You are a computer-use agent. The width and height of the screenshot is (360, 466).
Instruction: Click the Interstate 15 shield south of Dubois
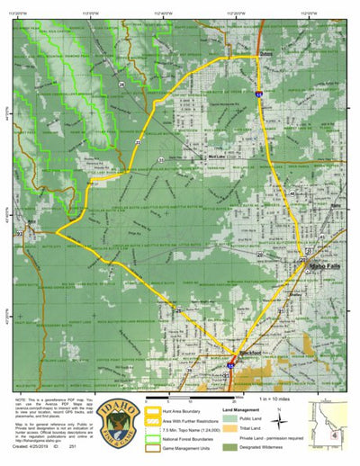tap(258, 92)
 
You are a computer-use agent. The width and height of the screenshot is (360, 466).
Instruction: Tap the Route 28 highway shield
tap(121, 84)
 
